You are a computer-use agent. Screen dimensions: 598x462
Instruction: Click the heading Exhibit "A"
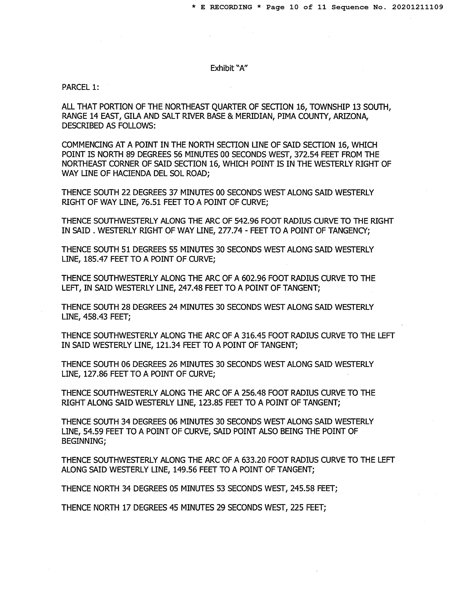pyautogui.click(x=229, y=68)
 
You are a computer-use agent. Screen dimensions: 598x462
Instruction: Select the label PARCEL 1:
pyautogui.click(x=80, y=87)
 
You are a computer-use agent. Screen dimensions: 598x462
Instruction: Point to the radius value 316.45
pyautogui.click(x=254, y=335)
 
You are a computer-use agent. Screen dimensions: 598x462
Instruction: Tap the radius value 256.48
pyautogui.click(x=254, y=393)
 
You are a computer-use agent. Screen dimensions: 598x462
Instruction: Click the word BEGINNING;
pyautogui.click(x=84, y=441)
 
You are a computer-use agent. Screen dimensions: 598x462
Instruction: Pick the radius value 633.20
pyautogui.click(x=254, y=460)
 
